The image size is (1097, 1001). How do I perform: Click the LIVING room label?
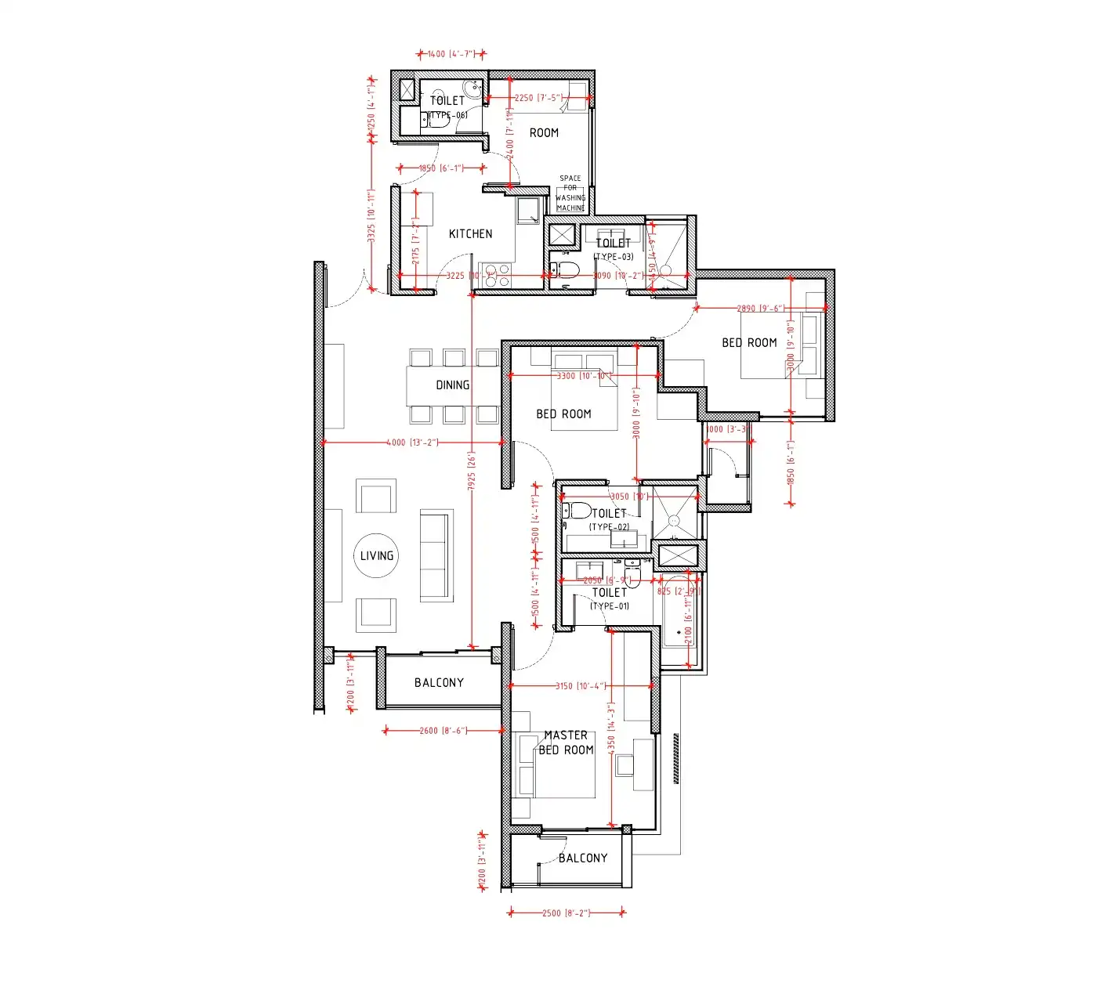pyautogui.click(x=377, y=555)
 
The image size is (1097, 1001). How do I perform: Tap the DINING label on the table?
pyautogui.click(x=453, y=385)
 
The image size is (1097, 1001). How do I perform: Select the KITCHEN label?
pyautogui.click(x=470, y=233)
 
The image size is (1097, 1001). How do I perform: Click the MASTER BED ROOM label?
pyautogui.click(x=566, y=743)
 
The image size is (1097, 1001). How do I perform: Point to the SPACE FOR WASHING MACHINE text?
pyautogui.click(x=570, y=193)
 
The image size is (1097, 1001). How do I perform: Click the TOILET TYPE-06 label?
pyautogui.click(x=447, y=107)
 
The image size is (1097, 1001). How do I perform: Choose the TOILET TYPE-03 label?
pyautogui.click(x=614, y=249)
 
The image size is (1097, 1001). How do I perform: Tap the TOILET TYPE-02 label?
pyautogui.click(x=609, y=519)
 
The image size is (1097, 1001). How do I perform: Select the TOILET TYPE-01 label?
pyautogui.click(x=610, y=598)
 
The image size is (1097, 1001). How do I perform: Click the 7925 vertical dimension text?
pyautogui.click(x=472, y=471)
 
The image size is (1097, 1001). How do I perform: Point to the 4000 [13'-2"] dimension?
pyautogui.click(x=412, y=443)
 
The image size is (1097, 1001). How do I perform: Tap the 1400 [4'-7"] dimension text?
pyautogui.click(x=451, y=54)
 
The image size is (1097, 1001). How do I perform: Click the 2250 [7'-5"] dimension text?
pyautogui.click(x=538, y=98)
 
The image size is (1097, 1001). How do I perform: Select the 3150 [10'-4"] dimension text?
pyautogui.click(x=580, y=686)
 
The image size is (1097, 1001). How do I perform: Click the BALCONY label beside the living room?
pyautogui.click(x=439, y=682)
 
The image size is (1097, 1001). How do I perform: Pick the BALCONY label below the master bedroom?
pyautogui.click(x=583, y=858)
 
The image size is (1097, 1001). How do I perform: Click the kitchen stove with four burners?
pyautogui.click(x=495, y=276)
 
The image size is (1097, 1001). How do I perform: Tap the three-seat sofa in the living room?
pyautogui.click(x=436, y=555)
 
